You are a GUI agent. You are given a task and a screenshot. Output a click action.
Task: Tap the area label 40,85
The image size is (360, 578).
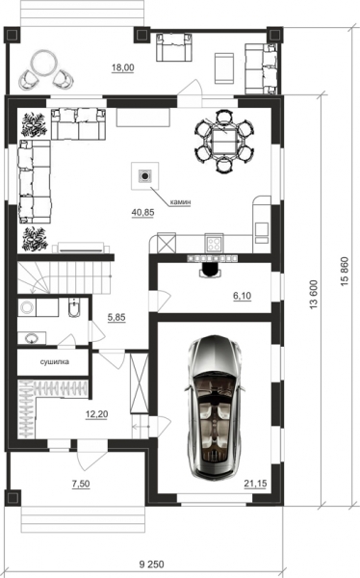point(142,212)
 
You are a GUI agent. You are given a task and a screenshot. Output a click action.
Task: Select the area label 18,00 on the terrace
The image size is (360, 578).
point(122,67)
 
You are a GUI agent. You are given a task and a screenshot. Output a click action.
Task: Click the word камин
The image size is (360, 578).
point(180,202)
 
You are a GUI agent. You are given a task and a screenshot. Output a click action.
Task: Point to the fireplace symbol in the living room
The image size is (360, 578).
point(145,176)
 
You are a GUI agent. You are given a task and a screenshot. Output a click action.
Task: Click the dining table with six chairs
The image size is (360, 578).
point(224,141)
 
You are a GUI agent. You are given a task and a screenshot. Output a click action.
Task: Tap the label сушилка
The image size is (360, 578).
point(55,361)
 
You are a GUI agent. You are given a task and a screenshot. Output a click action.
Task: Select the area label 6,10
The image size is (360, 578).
point(243,296)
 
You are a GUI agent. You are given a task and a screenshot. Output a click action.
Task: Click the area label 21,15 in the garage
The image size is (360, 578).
point(255,484)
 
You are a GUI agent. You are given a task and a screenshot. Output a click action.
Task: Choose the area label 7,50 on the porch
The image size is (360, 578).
point(81,484)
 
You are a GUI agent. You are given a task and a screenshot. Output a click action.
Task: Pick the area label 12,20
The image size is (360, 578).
point(96,414)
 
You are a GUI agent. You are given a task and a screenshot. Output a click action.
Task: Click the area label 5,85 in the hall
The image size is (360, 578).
point(116,317)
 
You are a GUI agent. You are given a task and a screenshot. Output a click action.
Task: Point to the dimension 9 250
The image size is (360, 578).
point(152,565)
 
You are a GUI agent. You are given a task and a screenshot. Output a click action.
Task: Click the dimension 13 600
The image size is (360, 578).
point(314,294)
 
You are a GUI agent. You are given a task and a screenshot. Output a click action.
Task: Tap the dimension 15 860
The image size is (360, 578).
point(344,272)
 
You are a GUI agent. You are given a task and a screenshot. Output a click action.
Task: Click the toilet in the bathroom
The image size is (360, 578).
point(74,308)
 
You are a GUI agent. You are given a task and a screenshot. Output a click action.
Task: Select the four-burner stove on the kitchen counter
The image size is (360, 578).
point(214,244)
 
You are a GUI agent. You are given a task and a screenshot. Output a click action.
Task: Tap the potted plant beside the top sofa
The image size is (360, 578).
point(34,125)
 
